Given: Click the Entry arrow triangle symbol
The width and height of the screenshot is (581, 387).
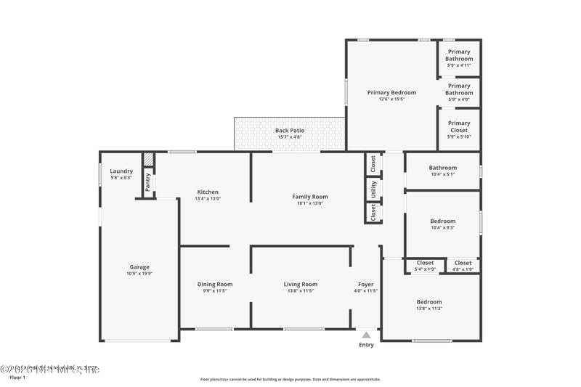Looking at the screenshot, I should (366, 335).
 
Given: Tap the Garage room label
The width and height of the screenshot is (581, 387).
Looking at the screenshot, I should (139, 267).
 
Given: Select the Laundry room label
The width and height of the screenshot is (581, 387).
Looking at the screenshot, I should (121, 171).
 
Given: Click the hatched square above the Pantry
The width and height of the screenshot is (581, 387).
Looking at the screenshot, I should (147, 159).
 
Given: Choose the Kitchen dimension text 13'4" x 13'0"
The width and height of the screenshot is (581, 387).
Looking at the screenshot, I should (207, 199).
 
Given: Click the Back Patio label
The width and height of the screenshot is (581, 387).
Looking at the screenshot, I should (289, 131).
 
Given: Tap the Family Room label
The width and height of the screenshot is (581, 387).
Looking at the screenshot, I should (309, 196).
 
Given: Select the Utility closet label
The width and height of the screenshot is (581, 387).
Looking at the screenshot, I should (373, 190).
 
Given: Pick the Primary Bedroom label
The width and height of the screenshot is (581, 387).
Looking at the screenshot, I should (391, 92).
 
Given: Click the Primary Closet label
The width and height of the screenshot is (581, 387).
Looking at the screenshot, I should (458, 123).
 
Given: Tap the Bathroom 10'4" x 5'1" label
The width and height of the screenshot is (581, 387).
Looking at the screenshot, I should (442, 168).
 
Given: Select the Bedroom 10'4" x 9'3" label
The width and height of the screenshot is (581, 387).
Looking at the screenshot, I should (442, 221).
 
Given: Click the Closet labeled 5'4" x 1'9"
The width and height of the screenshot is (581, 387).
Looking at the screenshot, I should (425, 263).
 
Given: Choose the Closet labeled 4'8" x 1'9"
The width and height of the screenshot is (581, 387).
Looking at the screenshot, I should (463, 263).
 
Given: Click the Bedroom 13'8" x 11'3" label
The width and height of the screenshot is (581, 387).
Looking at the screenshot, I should (428, 301).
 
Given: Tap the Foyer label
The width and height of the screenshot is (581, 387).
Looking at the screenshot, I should (365, 284).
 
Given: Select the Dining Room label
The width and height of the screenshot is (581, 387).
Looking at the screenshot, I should (215, 284).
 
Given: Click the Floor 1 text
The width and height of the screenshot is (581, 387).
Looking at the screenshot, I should (17, 378).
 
